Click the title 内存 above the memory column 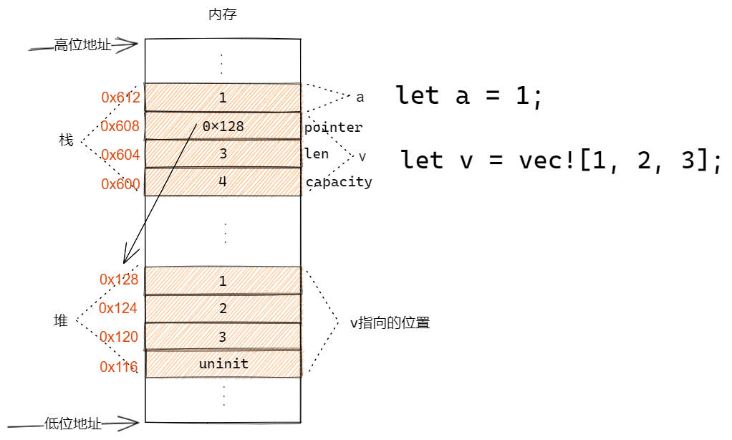[x=223, y=14]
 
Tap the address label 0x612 [x=120, y=97]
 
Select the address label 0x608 [x=120, y=126]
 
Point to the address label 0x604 [x=120, y=155]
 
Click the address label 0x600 [x=120, y=184]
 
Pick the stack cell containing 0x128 [x=223, y=125]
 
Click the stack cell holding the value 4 [x=223, y=182]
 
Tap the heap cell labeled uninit [x=223, y=364]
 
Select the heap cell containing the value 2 [x=223, y=308]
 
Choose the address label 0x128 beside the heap [x=119, y=279]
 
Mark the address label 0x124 [x=117, y=308]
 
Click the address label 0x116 [x=119, y=367]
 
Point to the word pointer [x=333, y=128]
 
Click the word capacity [x=339, y=182]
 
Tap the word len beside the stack [x=317, y=153]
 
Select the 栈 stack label [x=67, y=140]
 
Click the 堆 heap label [x=61, y=320]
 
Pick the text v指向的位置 [x=390, y=322]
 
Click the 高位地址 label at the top [x=82, y=45]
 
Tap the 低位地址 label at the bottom [x=73, y=424]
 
